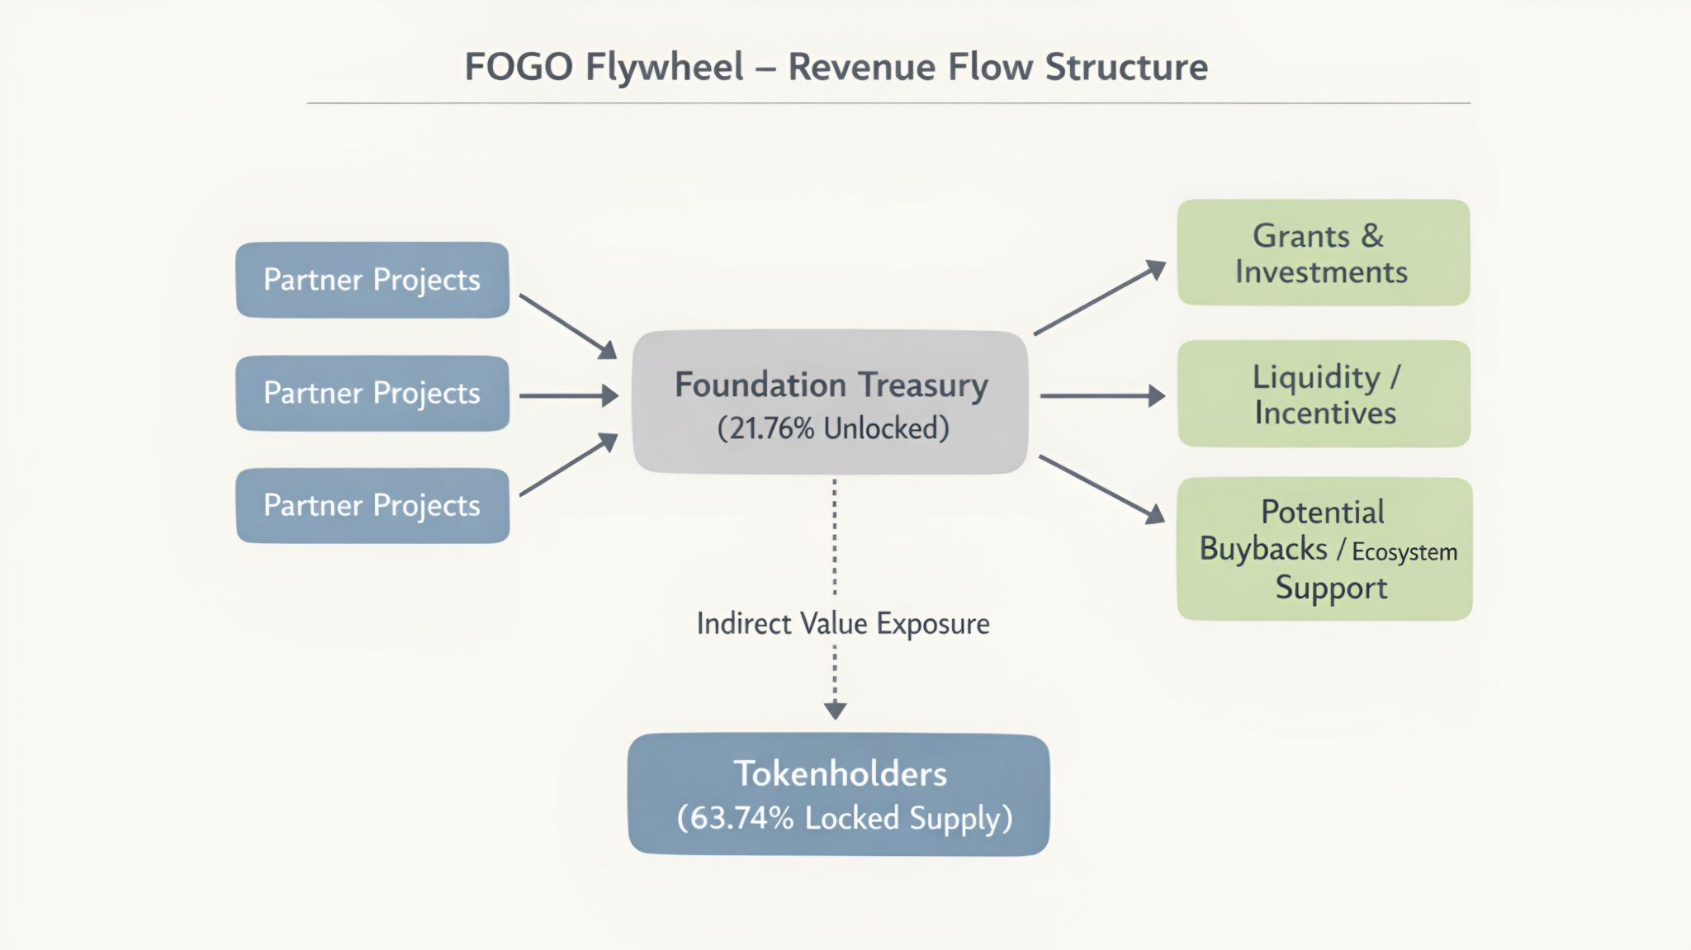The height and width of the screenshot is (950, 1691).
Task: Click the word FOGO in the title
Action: coord(518,67)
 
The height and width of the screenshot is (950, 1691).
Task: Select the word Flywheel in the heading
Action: coord(665,67)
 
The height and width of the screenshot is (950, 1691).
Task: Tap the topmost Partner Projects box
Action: coord(372,280)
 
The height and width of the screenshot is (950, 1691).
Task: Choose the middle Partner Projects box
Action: coord(372,393)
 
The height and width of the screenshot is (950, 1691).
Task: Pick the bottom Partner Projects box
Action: coord(372,505)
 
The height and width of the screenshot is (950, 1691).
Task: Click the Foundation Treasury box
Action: coord(831,402)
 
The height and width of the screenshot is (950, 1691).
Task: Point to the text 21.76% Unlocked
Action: coord(833,428)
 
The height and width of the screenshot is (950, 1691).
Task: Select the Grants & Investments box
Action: coord(1324,253)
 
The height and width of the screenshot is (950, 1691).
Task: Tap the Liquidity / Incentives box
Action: coord(1324,394)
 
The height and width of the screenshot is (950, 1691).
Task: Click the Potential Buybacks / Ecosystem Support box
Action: coord(1324,549)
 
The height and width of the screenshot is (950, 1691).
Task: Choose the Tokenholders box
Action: coord(839,794)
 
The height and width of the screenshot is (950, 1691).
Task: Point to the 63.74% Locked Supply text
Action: coord(845,818)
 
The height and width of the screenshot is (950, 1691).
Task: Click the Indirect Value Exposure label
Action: coord(843,624)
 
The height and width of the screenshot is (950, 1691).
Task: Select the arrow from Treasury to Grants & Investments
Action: coord(1099,298)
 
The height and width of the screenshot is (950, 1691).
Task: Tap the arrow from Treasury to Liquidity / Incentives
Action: coord(1102,396)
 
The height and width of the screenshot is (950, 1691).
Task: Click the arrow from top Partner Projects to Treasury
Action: coord(568,326)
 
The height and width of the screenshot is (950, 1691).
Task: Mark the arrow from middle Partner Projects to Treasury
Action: coord(568,396)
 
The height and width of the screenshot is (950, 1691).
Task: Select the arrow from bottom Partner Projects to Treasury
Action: coord(568,466)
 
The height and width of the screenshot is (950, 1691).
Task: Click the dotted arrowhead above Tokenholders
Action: coord(835,710)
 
